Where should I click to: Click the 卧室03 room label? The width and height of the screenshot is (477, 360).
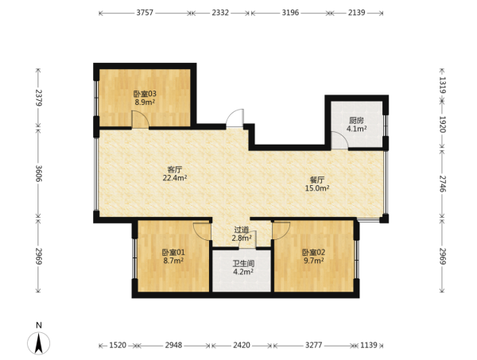click(x=145, y=94)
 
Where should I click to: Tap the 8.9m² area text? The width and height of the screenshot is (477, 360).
click(x=145, y=102)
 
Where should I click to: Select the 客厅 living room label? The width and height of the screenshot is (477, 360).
click(x=175, y=169)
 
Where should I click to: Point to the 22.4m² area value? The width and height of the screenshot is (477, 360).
click(x=175, y=178)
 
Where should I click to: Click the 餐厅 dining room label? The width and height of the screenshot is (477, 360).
click(x=317, y=180)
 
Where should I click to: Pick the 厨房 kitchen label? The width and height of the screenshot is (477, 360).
click(x=356, y=121)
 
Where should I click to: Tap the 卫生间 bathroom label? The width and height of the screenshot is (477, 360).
click(x=243, y=263)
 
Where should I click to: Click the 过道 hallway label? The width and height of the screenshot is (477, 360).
click(x=242, y=230)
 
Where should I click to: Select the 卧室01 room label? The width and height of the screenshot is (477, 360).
click(x=173, y=252)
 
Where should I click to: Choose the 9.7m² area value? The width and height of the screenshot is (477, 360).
click(x=314, y=261)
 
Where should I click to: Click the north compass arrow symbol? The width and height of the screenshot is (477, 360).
click(x=39, y=343)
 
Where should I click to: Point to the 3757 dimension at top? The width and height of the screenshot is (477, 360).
click(x=145, y=13)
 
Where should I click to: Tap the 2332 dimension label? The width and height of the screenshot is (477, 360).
click(x=220, y=13)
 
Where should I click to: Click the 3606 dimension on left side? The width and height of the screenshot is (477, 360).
click(x=38, y=173)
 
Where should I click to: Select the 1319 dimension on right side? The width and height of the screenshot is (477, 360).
click(x=443, y=85)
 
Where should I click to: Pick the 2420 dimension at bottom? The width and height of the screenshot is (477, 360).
click(x=242, y=345)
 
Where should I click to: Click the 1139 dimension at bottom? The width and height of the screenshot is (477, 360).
click(x=369, y=345)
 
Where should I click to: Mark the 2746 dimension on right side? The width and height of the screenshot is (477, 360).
click(x=443, y=184)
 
